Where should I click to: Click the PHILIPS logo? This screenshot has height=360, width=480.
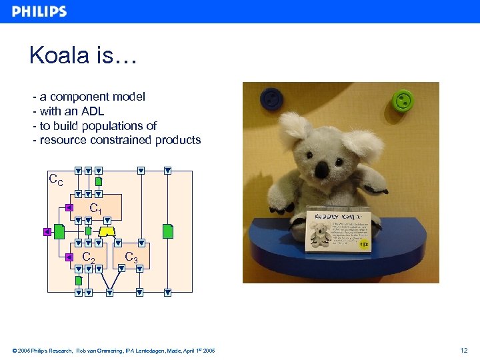click(x=39, y=11)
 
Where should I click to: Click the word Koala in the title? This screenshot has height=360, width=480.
click(x=60, y=56)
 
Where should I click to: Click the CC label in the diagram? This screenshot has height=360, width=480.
click(x=57, y=179)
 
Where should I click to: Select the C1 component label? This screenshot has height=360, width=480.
click(x=96, y=209)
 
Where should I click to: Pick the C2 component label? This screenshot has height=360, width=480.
click(x=89, y=257)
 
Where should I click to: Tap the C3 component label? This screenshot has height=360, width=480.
click(x=131, y=257)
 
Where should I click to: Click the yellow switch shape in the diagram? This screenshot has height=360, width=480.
click(x=106, y=231)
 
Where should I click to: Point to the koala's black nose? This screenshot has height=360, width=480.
click(x=322, y=170)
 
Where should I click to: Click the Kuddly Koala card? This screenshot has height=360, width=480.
click(x=338, y=229)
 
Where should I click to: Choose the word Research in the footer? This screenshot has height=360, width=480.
click(x=60, y=351)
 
